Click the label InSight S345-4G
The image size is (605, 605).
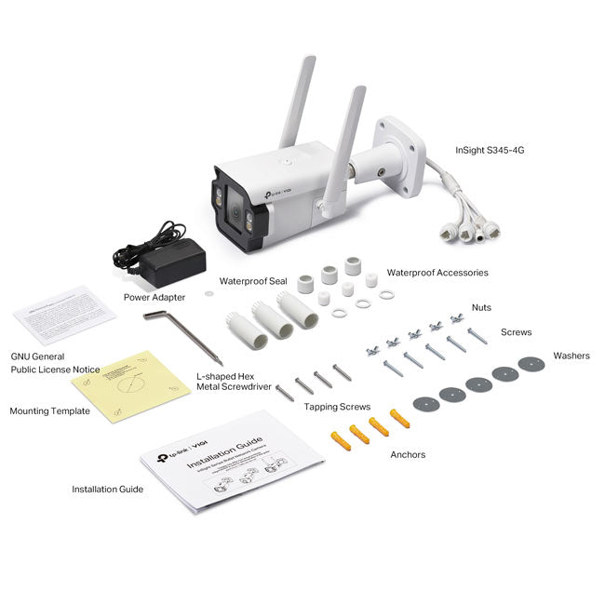490,149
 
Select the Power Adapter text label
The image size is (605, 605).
155,298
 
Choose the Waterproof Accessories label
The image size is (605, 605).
437,273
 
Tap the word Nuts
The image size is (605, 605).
481,307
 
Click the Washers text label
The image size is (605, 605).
571,356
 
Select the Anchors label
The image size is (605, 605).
408,455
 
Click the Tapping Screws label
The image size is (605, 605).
337,407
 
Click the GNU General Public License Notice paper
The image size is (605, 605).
63,315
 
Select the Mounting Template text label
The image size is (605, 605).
49,410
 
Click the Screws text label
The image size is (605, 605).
516,331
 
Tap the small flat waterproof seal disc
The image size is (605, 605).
208,292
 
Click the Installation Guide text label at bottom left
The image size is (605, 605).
108,489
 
